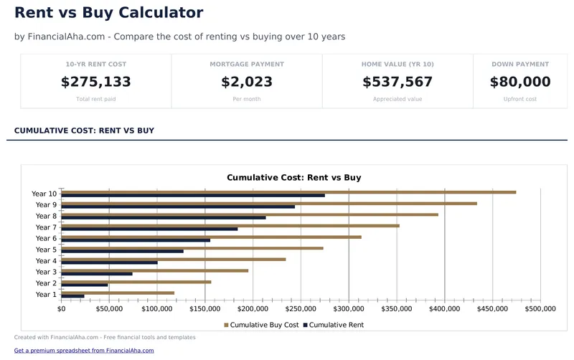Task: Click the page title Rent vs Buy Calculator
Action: click(x=109, y=13)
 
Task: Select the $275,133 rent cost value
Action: click(x=96, y=82)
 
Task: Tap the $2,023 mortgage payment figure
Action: click(x=247, y=82)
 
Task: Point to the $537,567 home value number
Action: click(x=397, y=82)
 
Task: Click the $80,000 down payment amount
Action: click(x=520, y=82)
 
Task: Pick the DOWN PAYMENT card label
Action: click(x=520, y=65)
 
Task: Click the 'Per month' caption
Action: click(x=247, y=99)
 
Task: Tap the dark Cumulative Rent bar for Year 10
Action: click(x=193, y=196)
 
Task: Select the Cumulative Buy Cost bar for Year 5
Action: click(x=192, y=248)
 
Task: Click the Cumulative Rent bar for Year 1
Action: click(x=72, y=296)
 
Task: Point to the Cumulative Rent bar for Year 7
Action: click(x=149, y=229)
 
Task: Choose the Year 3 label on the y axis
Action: click(x=45, y=272)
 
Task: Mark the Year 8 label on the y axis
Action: click(x=45, y=216)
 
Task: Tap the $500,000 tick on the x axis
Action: click(x=540, y=309)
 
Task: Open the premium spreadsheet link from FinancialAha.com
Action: click(x=84, y=351)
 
